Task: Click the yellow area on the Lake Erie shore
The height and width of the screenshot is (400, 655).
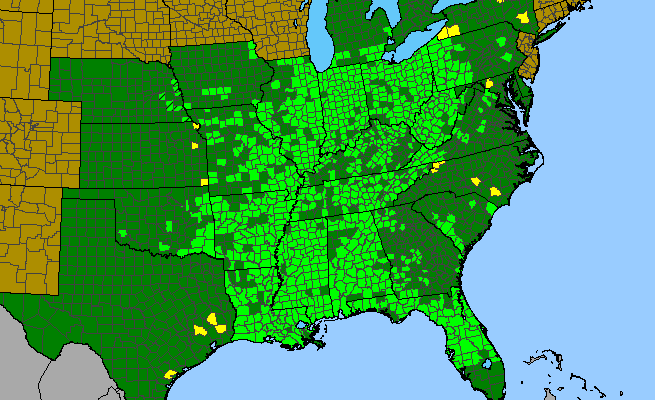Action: click(453, 31)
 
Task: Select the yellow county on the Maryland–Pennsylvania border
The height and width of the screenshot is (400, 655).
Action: click(490, 83)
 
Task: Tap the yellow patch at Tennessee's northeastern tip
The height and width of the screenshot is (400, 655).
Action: click(436, 166)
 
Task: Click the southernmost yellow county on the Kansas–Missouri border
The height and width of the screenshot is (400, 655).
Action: click(205, 182)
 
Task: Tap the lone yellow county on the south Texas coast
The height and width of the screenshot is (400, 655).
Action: click(170, 374)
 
